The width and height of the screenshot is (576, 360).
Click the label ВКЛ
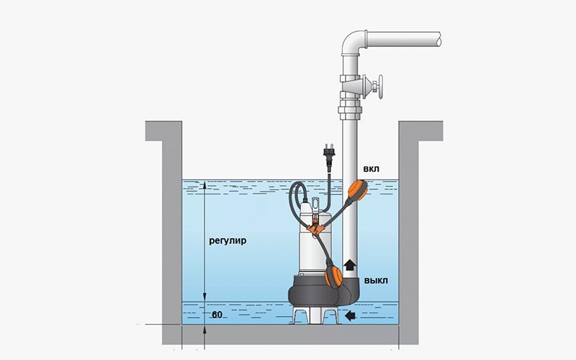pyautogui.click(x=371, y=169)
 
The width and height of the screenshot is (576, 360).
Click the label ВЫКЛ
pyautogui.click(x=376, y=281)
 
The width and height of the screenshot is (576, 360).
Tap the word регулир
pyautogui.click(x=228, y=241)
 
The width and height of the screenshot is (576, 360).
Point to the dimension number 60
pyautogui.click(x=217, y=315)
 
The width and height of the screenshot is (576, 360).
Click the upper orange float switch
pyautogui.click(x=357, y=190)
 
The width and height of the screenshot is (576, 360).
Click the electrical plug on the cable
pyautogui.click(x=327, y=156)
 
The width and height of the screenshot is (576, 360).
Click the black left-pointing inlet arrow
pyautogui.click(x=351, y=315)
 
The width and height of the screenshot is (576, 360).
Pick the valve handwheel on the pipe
pyautogui.click(x=379, y=88)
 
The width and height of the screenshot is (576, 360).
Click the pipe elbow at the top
pyautogui.click(x=354, y=43)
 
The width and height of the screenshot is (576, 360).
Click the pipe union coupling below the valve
pyautogui.click(x=350, y=111)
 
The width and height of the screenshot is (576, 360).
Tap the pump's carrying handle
pyautogui.click(x=315, y=204)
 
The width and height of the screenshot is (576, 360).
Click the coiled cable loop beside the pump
pyautogui.click(x=297, y=201)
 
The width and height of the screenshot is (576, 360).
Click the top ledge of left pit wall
pyautogui.click(x=163, y=131)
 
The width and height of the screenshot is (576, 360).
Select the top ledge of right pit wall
pyautogui.click(x=420, y=131)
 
